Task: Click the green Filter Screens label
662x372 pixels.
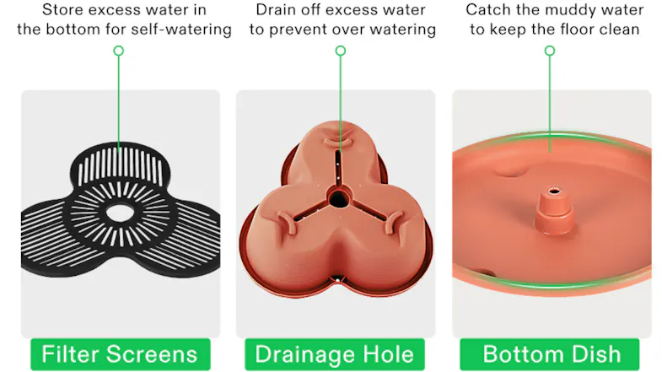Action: coord(121,353)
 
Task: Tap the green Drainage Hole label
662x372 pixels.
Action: coord(335,353)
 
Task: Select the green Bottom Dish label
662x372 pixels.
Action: coord(550,353)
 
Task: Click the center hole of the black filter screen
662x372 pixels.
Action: coord(120,213)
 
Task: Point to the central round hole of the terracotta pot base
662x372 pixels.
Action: coord(339,198)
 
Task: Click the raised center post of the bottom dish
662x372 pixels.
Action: coord(554,210)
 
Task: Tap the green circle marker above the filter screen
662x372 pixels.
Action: coord(119,51)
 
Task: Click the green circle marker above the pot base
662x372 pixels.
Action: coord(341,51)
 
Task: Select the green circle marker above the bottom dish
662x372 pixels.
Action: coord(550,51)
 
